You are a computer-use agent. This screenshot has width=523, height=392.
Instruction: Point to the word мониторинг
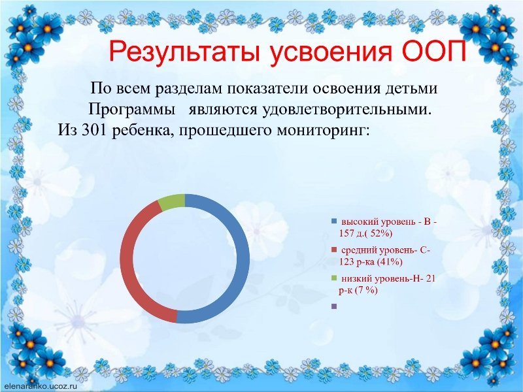(x=323, y=130)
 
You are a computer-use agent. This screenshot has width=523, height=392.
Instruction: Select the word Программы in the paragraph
(x=132, y=110)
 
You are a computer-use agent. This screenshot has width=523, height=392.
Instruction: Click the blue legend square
(x=334, y=221)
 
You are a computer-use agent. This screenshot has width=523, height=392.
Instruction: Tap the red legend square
(x=334, y=250)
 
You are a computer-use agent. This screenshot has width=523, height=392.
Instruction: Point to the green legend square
(x=334, y=278)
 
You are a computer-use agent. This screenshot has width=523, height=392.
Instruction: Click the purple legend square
(x=334, y=306)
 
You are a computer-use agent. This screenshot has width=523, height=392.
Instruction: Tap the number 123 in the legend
(x=346, y=262)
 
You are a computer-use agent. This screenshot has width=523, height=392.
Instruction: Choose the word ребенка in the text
(x=141, y=130)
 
